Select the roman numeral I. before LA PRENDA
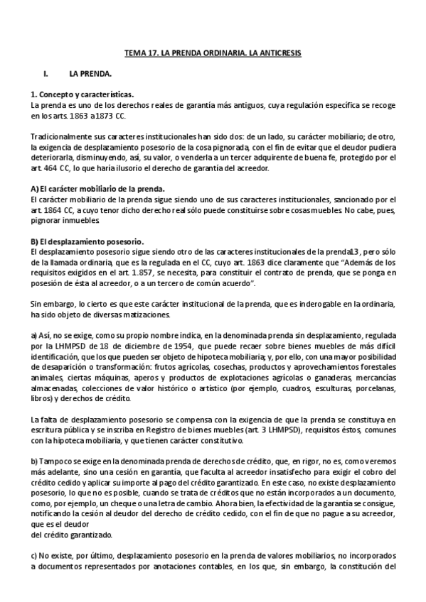(46, 73)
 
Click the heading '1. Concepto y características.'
(82, 94)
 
